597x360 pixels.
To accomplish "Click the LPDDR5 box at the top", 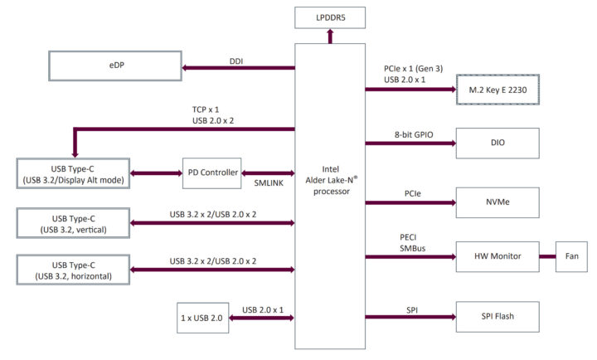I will [x=330, y=16].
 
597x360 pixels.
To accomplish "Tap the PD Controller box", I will [x=211, y=173].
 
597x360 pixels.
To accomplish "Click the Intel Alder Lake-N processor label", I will [x=330, y=178].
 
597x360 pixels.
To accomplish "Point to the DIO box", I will [x=497, y=143].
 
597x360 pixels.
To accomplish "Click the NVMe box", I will [x=497, y=202].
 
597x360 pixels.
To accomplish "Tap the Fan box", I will [x=571, y=256].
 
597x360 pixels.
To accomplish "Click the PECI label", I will [x=408, y=236].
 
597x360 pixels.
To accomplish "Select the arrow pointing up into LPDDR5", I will [x=330, y=35].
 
